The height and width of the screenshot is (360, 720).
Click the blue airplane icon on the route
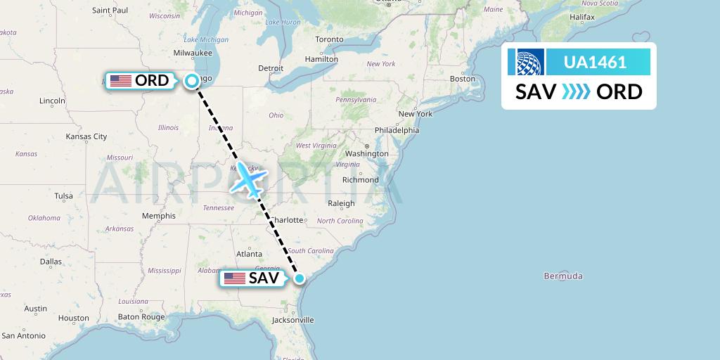[248, 179]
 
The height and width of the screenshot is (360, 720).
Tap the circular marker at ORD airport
[192, 81]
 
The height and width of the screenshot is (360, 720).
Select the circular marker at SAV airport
[300, 278]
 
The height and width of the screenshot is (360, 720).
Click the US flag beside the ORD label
[121, 81]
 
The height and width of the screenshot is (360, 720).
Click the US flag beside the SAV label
[234, 278]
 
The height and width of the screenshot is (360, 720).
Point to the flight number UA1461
[596, 63]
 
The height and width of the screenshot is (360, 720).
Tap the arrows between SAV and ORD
[577, 92]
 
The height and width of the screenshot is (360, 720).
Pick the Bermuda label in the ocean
[562, 276]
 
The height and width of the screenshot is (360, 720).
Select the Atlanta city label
[249, 254]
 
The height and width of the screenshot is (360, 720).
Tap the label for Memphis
[157, 216]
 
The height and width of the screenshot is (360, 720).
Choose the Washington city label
[367, 153]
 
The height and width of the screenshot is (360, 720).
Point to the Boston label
[463, 79]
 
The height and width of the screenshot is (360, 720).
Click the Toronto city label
[329, 39]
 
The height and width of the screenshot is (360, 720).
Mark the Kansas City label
[86, 136]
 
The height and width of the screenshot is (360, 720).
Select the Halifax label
[582, 16]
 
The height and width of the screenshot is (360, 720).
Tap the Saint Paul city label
[110, 11]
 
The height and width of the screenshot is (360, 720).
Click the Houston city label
[74, 318]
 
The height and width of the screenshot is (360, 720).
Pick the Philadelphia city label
[397, 130]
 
